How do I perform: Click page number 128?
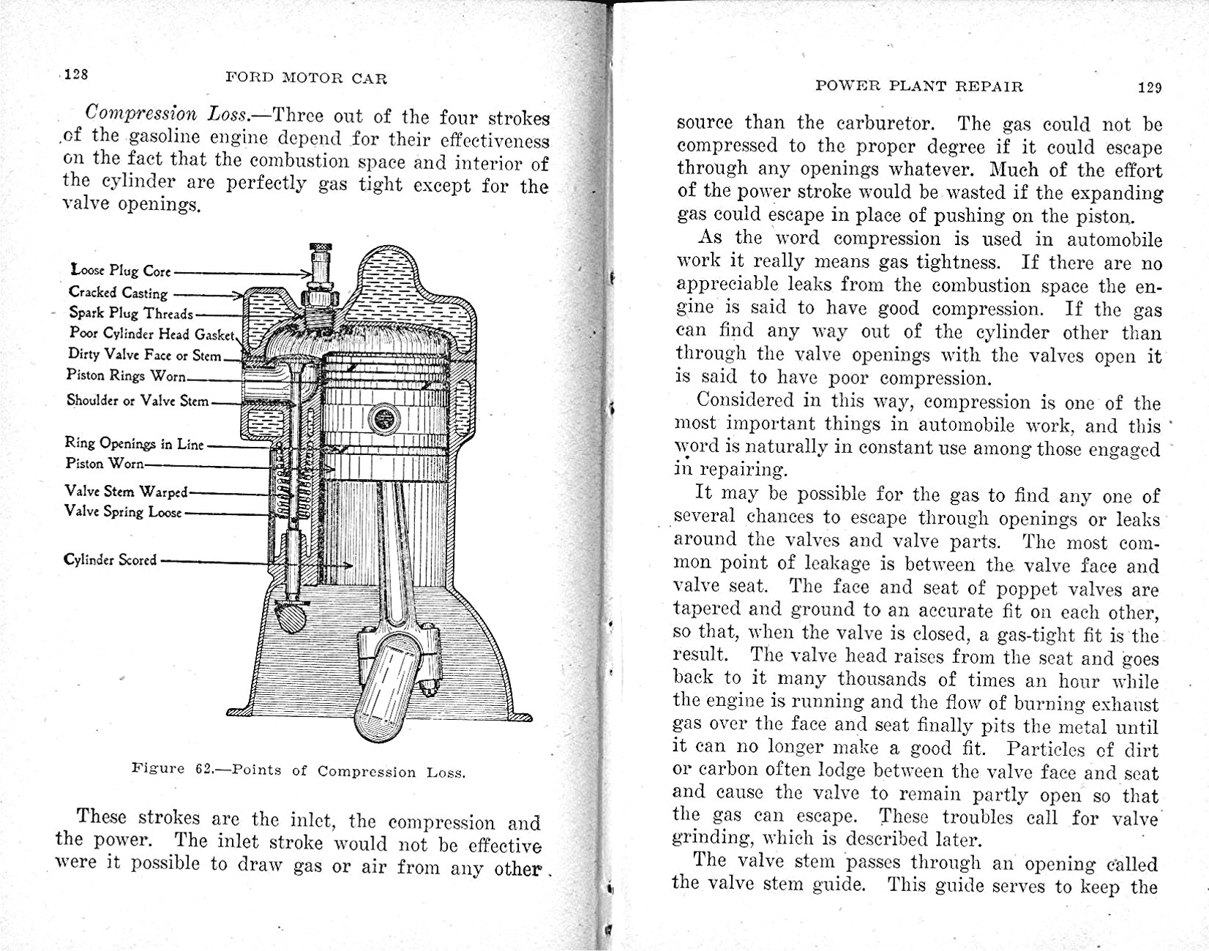point(76,75)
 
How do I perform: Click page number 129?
point(1150,88)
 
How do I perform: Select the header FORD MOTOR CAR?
point(306,78)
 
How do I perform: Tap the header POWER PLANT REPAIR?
point(918,86)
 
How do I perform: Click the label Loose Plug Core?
point(121,271)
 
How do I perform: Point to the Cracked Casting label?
point(119,293)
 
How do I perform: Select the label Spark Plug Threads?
point(131,313)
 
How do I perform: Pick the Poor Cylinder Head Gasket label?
point(151,334)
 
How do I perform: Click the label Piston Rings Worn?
point(126,375)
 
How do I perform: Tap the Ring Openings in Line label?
point(135,443)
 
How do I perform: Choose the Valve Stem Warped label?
point(126,492)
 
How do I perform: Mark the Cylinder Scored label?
point(110,560)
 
